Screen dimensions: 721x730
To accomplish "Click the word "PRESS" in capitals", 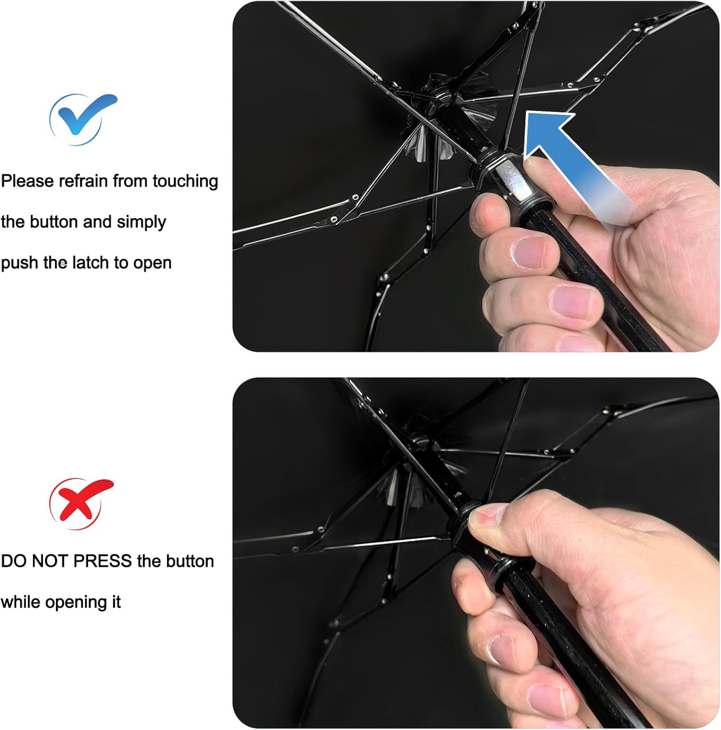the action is coord(102,561).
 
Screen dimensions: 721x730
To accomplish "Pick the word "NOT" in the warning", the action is coord(51,561).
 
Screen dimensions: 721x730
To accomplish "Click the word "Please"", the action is coord(27,181).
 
